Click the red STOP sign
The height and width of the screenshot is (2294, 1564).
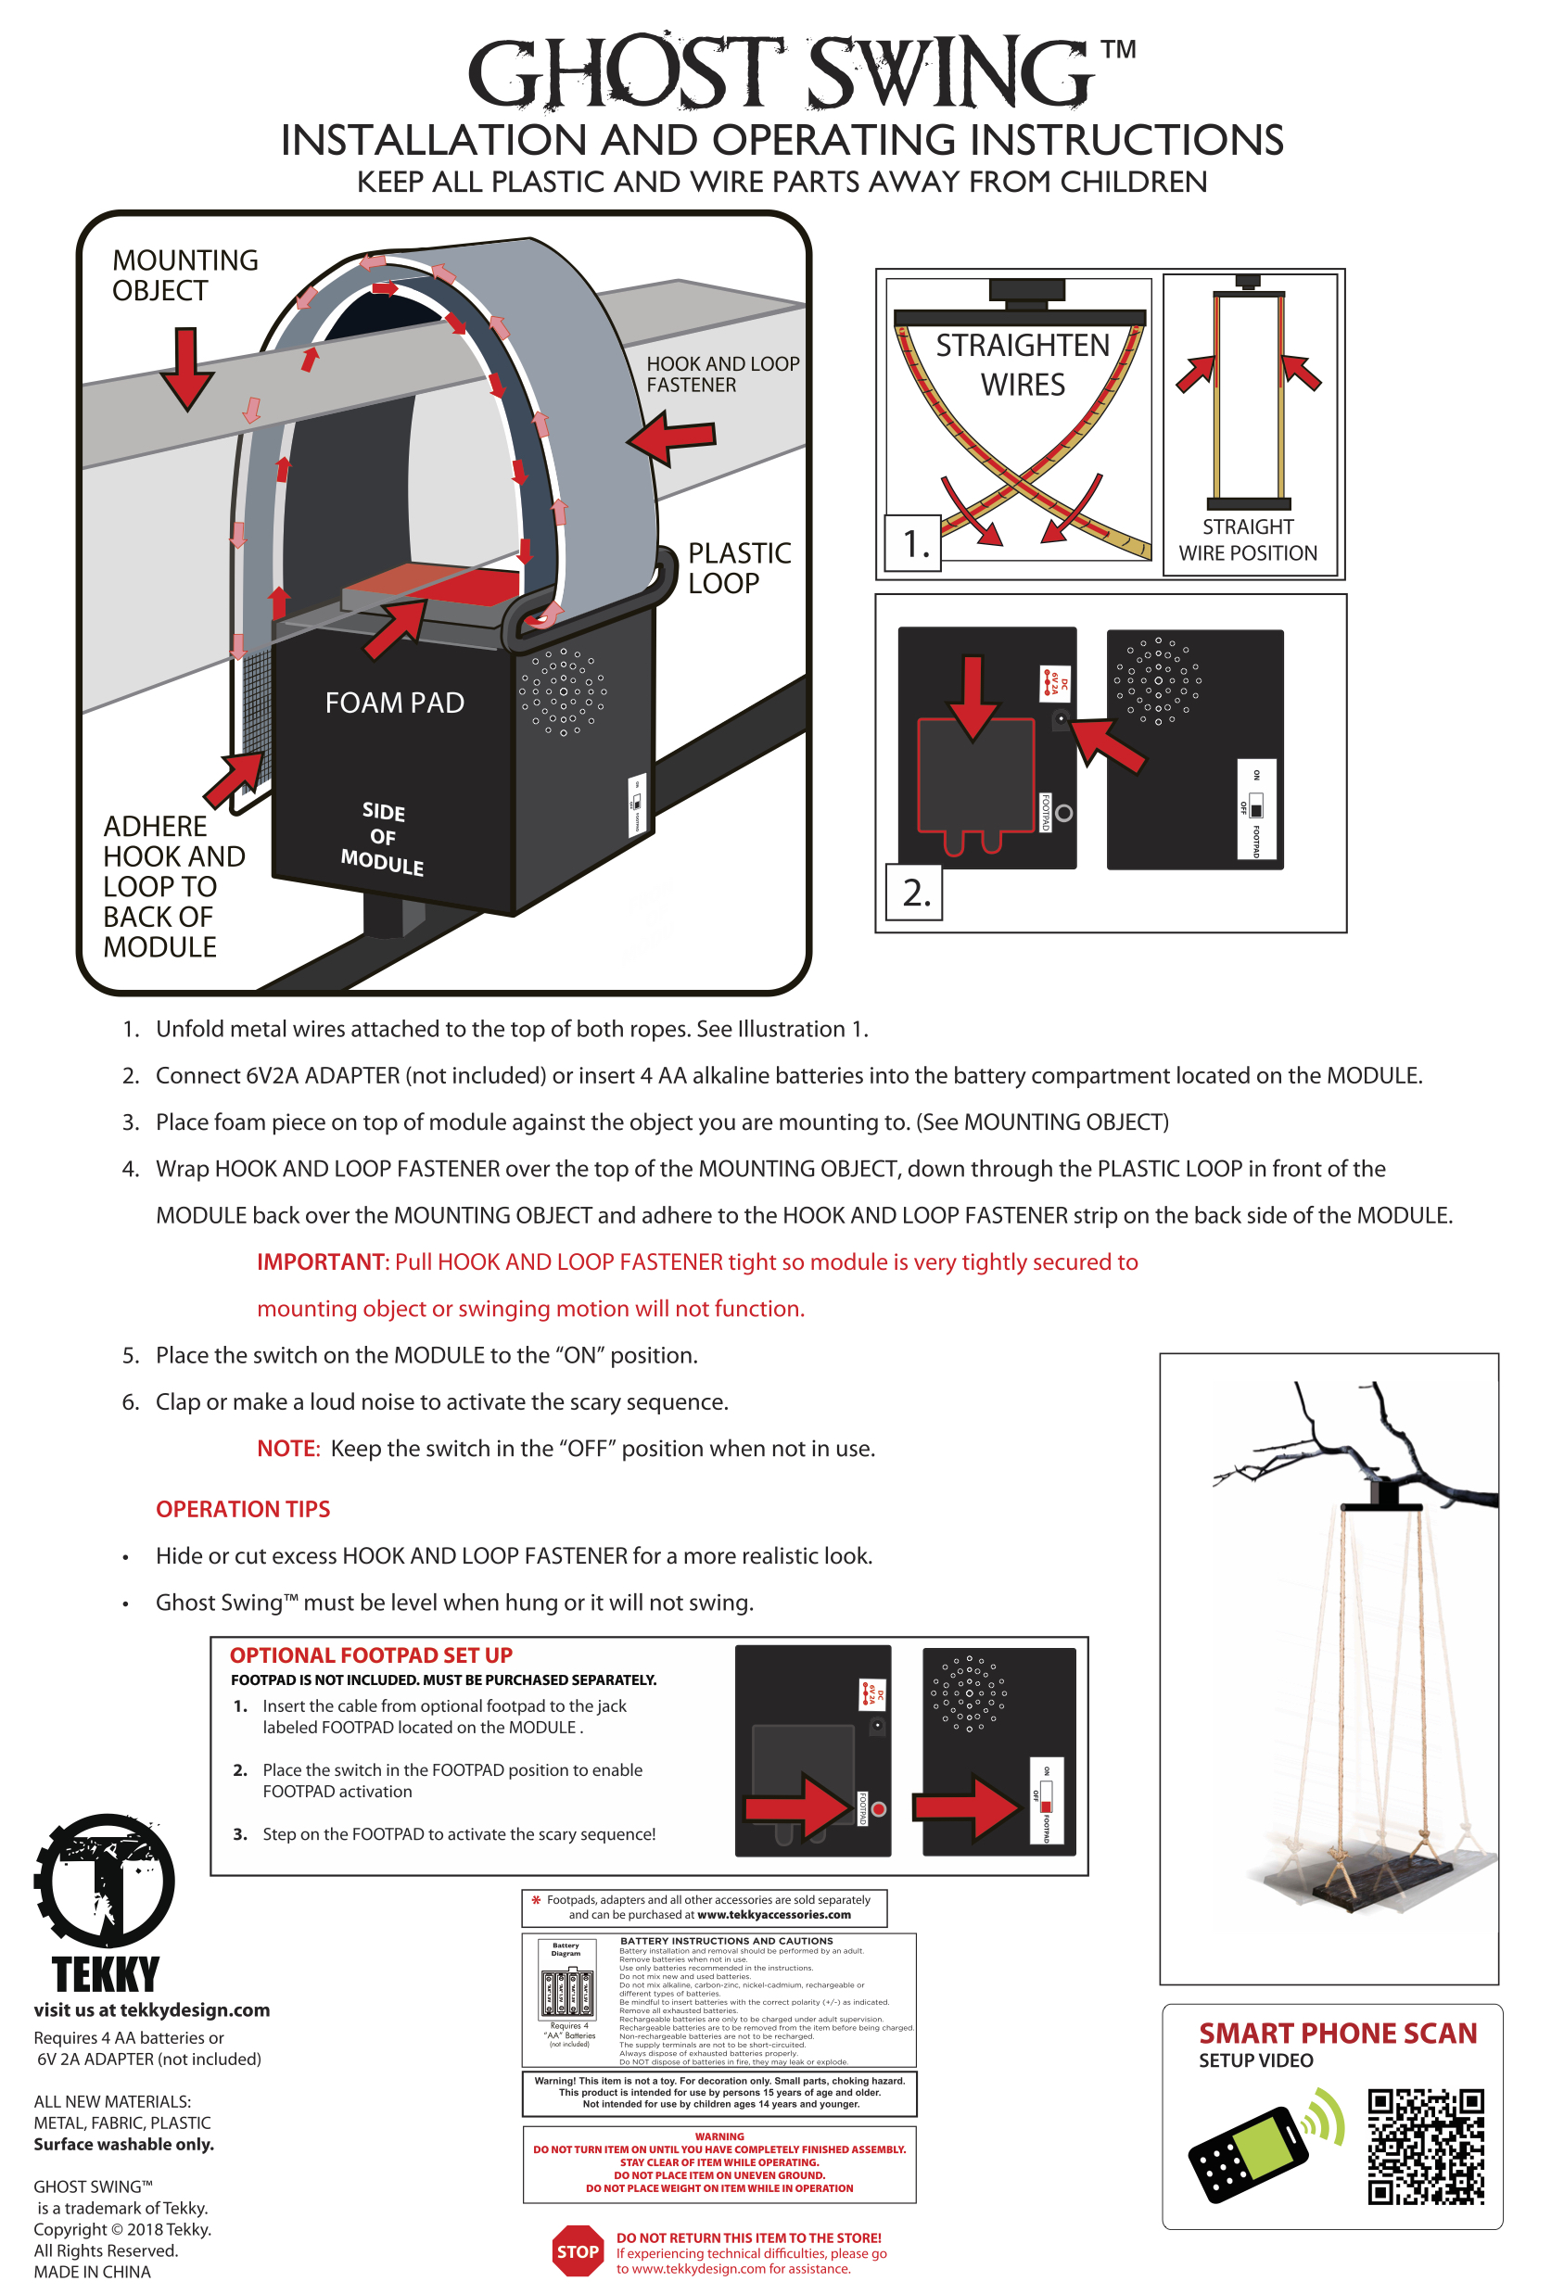(578, 2250)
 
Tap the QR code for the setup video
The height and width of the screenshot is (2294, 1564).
(1425, 2146)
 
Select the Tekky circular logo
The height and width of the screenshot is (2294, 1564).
(105, 1881)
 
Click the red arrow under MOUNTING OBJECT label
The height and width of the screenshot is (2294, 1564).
(185, 368)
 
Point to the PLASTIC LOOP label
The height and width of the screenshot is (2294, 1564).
(739, 567)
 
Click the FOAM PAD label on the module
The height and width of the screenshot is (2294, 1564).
(394, 703)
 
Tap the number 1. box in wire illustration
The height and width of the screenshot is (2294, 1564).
(914, 543)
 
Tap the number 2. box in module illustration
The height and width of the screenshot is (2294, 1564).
(915, 893)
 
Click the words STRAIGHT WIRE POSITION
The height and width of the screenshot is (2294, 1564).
(1247, 540)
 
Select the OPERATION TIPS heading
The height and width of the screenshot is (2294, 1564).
(243, 1508)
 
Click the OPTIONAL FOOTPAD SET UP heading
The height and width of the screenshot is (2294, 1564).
(371, 1655)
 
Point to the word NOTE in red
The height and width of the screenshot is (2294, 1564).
(287, 1448)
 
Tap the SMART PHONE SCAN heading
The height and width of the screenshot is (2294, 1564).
(1337, 2034)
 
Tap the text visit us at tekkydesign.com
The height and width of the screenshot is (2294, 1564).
(151, 2009)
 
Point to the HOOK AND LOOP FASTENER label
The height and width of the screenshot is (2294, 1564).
(722, 374)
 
